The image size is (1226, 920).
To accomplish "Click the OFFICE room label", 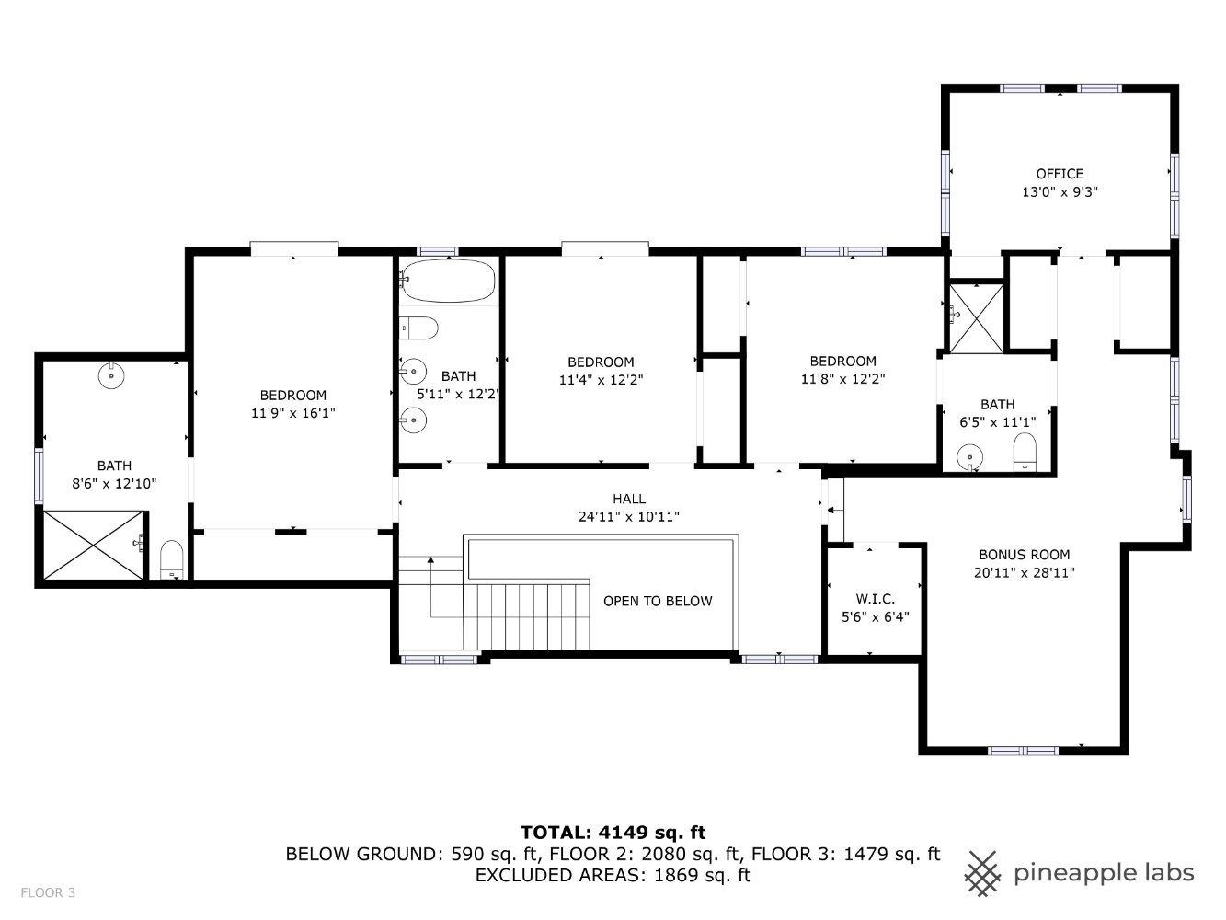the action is [x=1060, y=174].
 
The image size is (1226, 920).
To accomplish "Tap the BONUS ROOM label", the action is [x=1025, y=555].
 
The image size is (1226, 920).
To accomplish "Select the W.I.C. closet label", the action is [x=876, y=599].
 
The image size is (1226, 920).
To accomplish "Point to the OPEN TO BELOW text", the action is [x=658, y=601].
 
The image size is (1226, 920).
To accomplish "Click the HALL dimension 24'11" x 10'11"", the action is [x=629, y=517].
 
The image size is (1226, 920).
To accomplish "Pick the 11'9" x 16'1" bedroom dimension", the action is [x=292, y=413].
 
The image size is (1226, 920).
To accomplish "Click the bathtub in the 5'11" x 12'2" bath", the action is [x=449, y=281].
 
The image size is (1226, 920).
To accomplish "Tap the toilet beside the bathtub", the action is [x=418, y=328].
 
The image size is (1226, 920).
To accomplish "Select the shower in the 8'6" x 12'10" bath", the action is [x=93, y=545].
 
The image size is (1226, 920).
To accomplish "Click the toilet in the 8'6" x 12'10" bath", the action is [x=171, y=559].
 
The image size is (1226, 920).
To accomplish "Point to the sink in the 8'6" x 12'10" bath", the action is [x=111, y=375].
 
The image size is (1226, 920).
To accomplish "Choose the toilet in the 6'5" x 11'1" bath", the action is [x=1025, y=452].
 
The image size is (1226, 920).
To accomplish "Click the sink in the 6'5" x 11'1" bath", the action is [x=969, y=457].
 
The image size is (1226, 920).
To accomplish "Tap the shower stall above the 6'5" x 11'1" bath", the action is [x=977, y=319].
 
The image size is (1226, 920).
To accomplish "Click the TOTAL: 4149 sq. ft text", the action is [x=613, y=833].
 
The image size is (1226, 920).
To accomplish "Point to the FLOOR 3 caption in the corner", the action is [x=48, y=892].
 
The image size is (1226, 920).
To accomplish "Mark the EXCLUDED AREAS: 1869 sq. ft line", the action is [x=613, y=875].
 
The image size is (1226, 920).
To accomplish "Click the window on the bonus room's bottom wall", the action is [x=1023, y=751].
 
